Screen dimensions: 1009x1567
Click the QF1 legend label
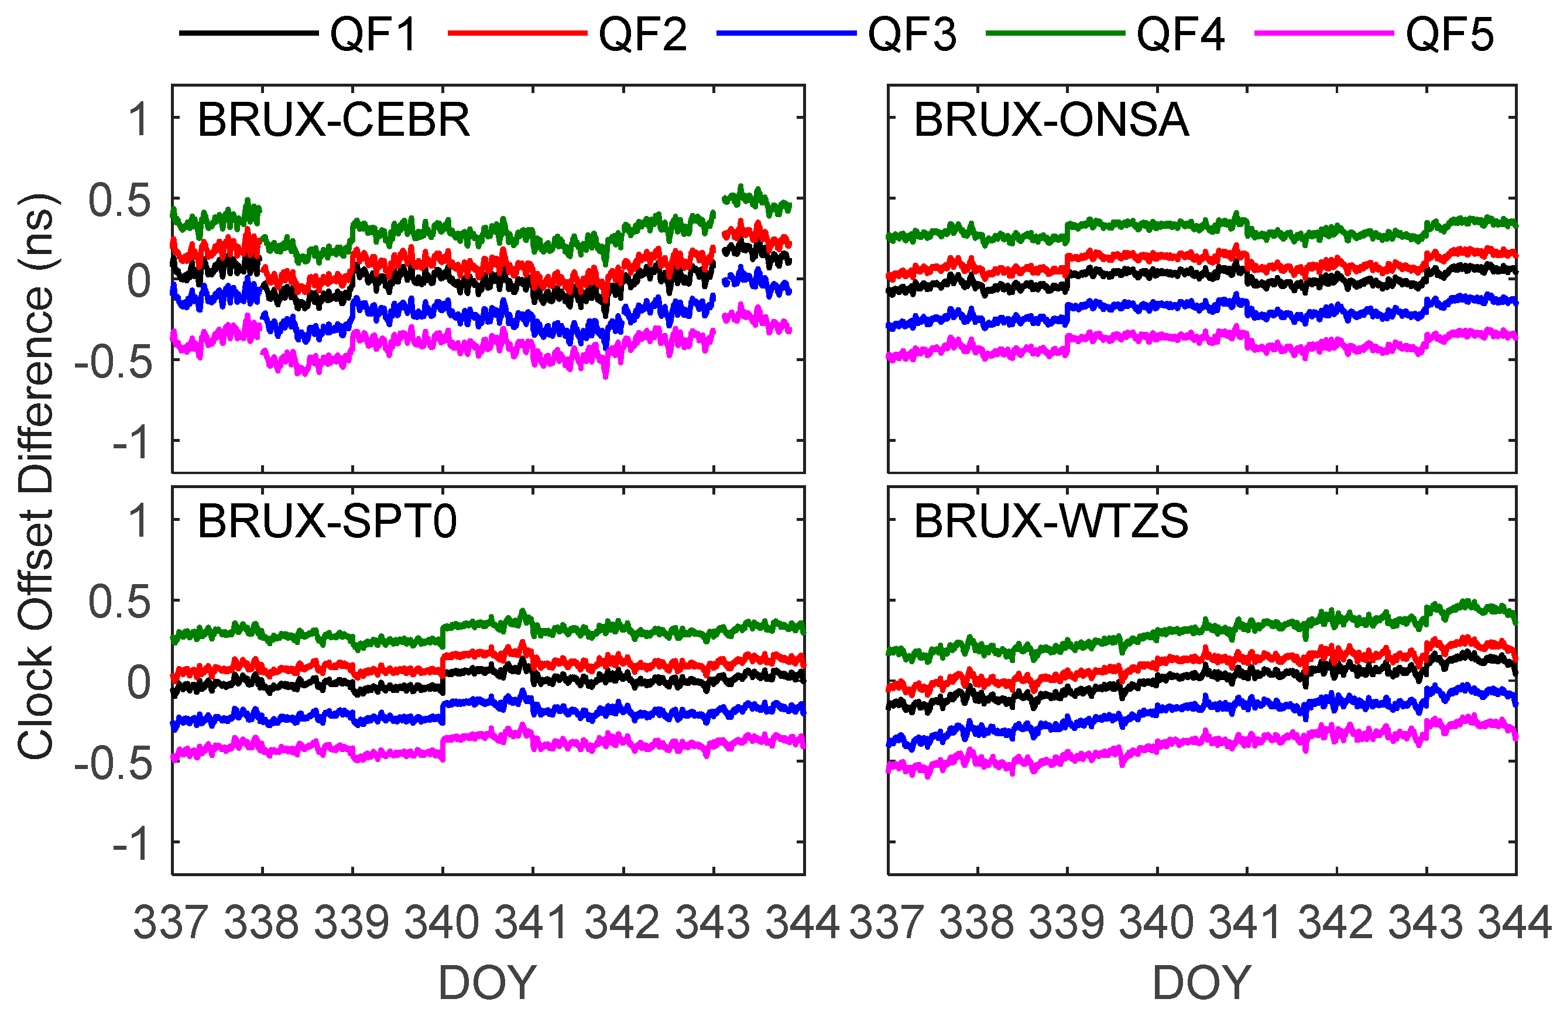(x=373, y=34)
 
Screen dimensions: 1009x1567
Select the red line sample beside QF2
(x=517, y=33)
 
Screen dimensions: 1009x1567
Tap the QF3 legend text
(x=911, y=34)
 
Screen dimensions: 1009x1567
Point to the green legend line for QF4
(x=1055, y=33)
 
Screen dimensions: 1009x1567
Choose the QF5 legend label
(x=1449, y=34)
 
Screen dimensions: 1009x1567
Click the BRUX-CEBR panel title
(x=334, y=120)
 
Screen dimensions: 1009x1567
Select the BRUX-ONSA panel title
(x=1051, y=120)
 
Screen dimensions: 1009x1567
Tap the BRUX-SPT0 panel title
(x=327, y=521)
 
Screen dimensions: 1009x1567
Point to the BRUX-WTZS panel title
(x=1051, y=521)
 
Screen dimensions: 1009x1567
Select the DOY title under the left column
(x=488, y=983)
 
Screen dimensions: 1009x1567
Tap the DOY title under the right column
(x=1202, y=983)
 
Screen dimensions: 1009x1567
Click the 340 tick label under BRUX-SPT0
(x=442, y=922)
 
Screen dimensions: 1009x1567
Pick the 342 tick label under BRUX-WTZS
(x=1335, y=922)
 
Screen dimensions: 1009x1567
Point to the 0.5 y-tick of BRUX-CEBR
(x=120, y=201)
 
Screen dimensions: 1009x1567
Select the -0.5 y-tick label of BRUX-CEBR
(x=114, y=362)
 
